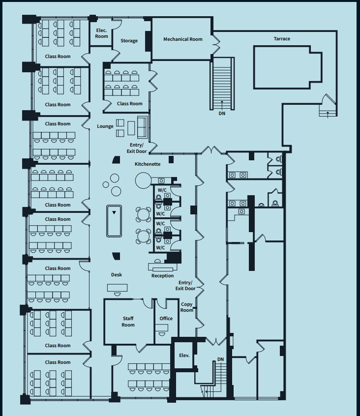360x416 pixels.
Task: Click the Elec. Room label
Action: (101, 33)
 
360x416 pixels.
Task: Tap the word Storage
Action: (129, 41)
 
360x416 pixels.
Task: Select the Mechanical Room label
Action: (182, 39)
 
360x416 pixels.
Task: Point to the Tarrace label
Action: (282, 39)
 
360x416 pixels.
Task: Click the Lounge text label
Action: (105, 126)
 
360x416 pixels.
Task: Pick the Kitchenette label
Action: (148, 164)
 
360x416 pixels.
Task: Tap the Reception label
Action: (162, 276)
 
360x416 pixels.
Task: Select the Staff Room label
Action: (128, 322)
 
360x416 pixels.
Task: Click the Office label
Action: (166, 319)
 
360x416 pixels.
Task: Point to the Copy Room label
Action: (186, 307)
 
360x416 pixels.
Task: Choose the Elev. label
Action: (184, 356)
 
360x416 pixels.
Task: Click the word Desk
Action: (116, 275)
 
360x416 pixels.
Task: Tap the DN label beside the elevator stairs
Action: (220, 359)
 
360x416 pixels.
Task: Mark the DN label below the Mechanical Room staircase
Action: (222, 114)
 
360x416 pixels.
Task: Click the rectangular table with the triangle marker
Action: (114, 221)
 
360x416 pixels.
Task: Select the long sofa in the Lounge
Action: (143, 127)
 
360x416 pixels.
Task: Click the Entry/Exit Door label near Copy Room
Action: (185, 286)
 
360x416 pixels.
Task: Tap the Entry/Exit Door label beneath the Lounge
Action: (136, 148)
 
